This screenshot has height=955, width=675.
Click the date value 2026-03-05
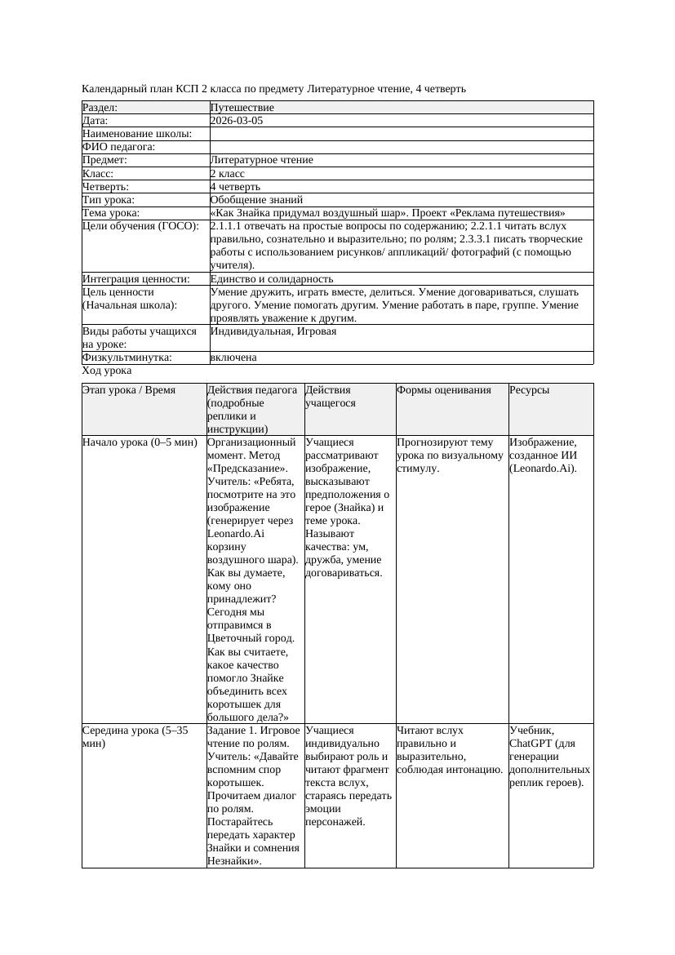click(x=237, y=121)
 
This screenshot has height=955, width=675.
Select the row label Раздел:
click(x=100, y=108)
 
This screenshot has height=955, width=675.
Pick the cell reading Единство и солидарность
click(x=272, y=278)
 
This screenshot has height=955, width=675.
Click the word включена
click(x=233, y=358)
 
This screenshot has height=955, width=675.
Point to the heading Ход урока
click(x=107, y=371)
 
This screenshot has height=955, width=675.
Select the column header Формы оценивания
click(x=444, y=390)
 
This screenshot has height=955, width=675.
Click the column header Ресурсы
click(x=530, y=390)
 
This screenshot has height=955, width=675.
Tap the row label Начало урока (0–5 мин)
click(x=140, y=442)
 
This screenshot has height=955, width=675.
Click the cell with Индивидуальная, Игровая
click(x=273, y=331)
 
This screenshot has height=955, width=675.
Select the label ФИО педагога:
click(x=119, y=147)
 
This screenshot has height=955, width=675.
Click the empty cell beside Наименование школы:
click(x=400, y=134)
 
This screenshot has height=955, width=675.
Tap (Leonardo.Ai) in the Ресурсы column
click(x=544, y=469)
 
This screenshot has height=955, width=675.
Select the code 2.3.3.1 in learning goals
click(x=491, y=239)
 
